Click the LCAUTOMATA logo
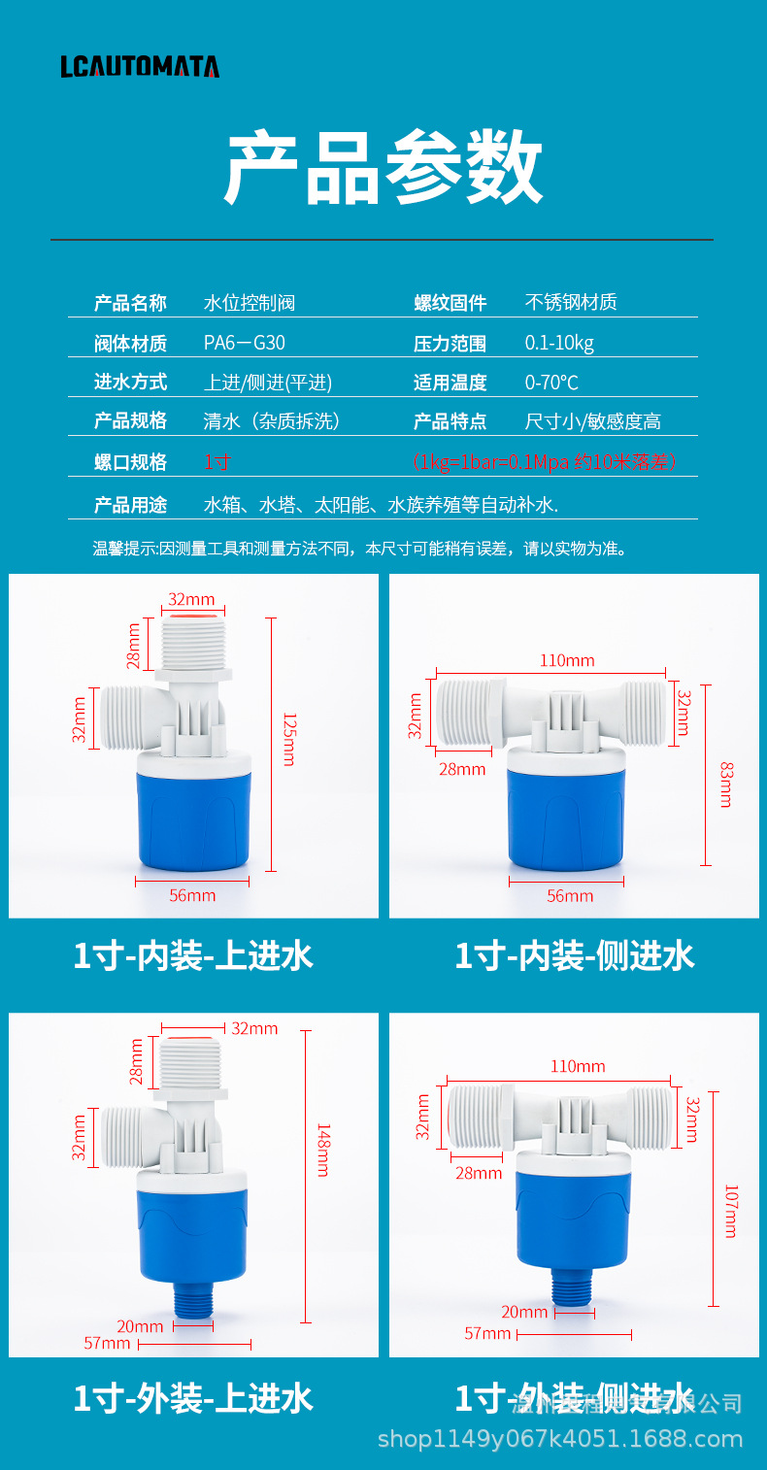point(140,66)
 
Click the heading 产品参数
point(383,167)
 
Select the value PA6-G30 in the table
point(244,343)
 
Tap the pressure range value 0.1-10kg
point(559,343)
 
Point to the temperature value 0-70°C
point(551,383)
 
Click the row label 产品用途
point(130,505)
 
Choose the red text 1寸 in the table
point(217,462)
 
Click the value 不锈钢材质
point(571,302)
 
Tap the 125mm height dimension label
point(288,739)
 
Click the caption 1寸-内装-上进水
point(193,956)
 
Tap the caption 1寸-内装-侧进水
point(575,956)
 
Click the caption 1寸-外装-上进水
point(193,1399)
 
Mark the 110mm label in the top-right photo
point(567,660)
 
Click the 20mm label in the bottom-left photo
point(140,1326)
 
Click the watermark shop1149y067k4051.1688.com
point(560,1439)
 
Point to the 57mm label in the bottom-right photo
point(487,1334)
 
